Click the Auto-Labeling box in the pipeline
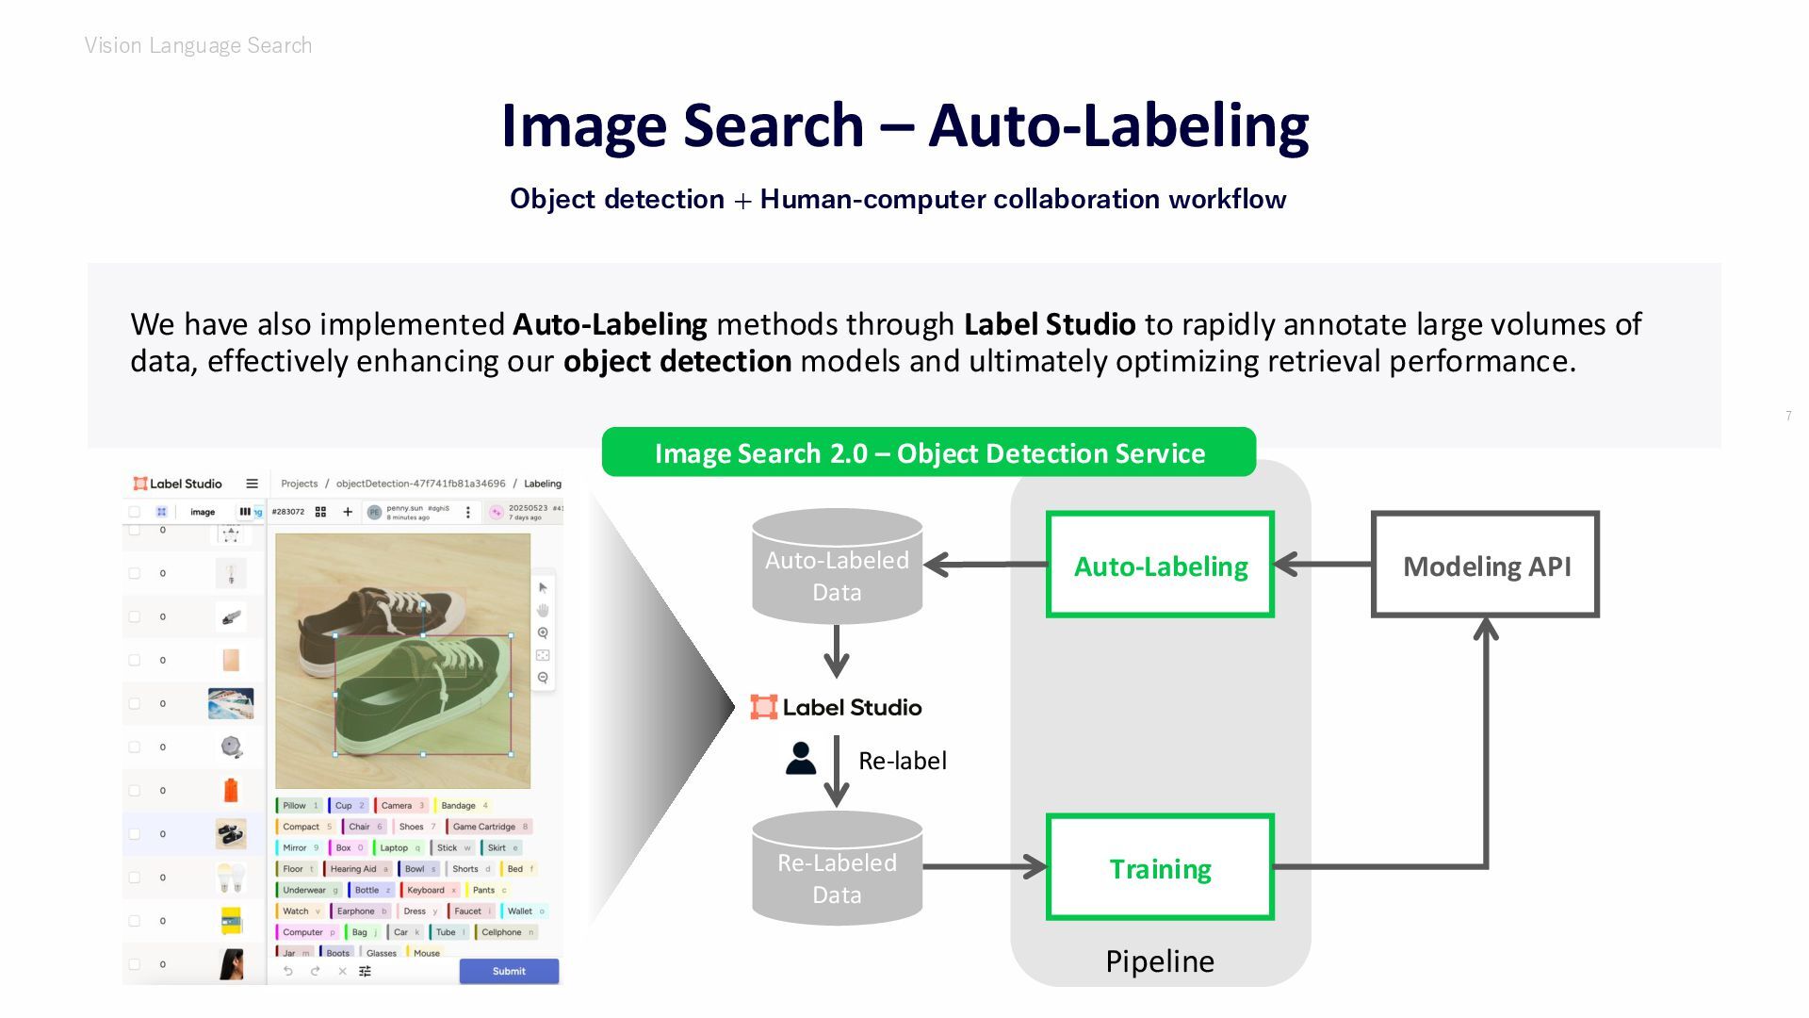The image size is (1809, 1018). [1160, 566]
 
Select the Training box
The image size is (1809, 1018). [1160, 868]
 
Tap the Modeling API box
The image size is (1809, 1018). [1486, 566]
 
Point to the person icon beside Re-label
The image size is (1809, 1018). [801, 759]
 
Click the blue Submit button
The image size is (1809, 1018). [509, 971]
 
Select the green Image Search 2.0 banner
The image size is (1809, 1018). [929, 453]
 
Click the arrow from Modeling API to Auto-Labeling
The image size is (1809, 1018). [1323, 565]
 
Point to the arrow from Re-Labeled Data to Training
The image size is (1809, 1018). [985, 866]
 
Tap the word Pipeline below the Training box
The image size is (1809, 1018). [1160, 961]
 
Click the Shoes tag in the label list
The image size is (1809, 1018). [412, 827]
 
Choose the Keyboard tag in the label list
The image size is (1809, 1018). [426, 890]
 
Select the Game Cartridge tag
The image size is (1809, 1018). [484, 827]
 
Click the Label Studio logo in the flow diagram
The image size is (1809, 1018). [836, 707]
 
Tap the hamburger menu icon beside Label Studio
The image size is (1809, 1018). [252, 484]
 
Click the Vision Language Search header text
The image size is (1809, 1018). [198, 45]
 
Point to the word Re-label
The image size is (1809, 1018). [903, 761]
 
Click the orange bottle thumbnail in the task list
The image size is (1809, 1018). [231, 790]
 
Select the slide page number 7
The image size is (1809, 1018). [1788, 416]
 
